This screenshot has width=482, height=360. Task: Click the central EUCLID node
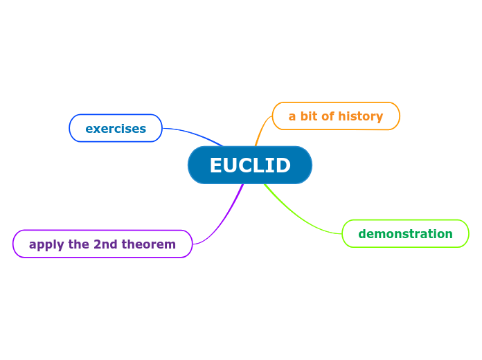pyautogui.click(x=249, y=165)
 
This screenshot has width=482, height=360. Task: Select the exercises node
pyautogui.click(x=116, y=129)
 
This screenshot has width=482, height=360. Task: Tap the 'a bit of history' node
pyautogui.click(x=336, y=116)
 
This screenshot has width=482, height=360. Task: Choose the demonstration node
pyautogui.click(x=405, y=234)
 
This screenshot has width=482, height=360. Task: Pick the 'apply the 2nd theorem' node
pyautogui.click(x=102, y=244)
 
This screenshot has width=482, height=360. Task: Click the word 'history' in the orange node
pyautogui.click(x=361, y=116)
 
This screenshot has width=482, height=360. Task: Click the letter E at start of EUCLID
pyautogui.click(x=216, y=166)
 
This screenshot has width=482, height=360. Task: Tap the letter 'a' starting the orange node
pyautogui.click(x=292, y=117)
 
